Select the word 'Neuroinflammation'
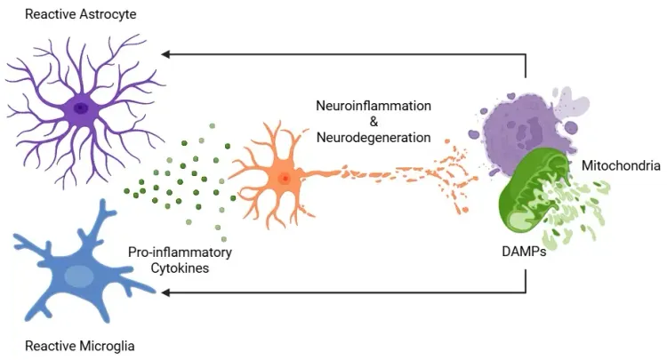pyautogui.click(x=374, y=106)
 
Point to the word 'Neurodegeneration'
pyautogui.click(x=374, y=138)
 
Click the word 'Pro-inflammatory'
pyautogui.click(x=180, y=252)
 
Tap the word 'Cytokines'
pyautogui.click(x=180, y=268)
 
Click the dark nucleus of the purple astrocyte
pyautogui.click(x=81, y=108)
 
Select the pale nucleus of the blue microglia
pyautogui.click(x=79, y=276)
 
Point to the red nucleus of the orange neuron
pyautogui.click(x=285, y=179)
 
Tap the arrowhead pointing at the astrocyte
pyautogui.click(x=165, y=54)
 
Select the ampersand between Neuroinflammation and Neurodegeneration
pyautogui.click(x=374, y=122)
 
